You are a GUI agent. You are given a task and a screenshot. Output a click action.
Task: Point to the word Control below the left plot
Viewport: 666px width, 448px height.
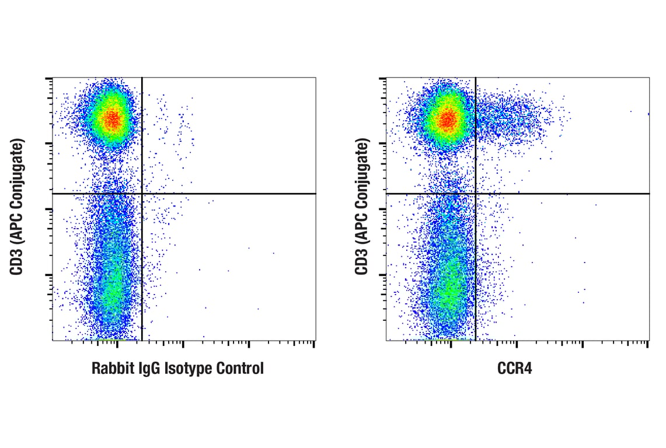pyautogui.click(x=240, y=369)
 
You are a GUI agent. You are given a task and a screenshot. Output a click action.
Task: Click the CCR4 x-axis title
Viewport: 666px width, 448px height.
pyautogui.click(x=515, y=369)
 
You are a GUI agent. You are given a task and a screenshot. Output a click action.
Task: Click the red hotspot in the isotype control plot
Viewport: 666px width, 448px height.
pyautogui.click(x=112, y=120)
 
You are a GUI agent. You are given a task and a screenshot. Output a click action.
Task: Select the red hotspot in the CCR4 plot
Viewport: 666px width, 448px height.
pyautogui.click(x=447, y=120)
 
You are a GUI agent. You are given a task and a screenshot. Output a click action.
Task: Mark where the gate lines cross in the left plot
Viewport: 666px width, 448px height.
pyautogui.click(x=142, y=193)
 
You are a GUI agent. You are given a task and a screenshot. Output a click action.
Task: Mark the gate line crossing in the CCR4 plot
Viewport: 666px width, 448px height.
pyautogui.click(x=476, y=193)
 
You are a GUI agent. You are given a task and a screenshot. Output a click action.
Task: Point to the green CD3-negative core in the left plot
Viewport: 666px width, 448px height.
pyautogui.click(x=112, y=286)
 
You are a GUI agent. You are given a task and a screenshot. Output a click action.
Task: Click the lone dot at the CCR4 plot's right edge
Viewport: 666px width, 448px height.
pyautogui.click(x=648, y=114)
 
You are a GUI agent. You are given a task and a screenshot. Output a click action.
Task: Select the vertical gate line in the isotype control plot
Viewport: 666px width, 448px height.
pyautogui.click(x=142, y=262)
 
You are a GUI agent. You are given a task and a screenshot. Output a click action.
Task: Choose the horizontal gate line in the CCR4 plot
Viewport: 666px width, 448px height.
pyautogui.click(x=560, y=193)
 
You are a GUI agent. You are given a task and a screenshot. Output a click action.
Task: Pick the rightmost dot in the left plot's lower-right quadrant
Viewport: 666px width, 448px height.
pyautogui.click(x=273, y=253)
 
